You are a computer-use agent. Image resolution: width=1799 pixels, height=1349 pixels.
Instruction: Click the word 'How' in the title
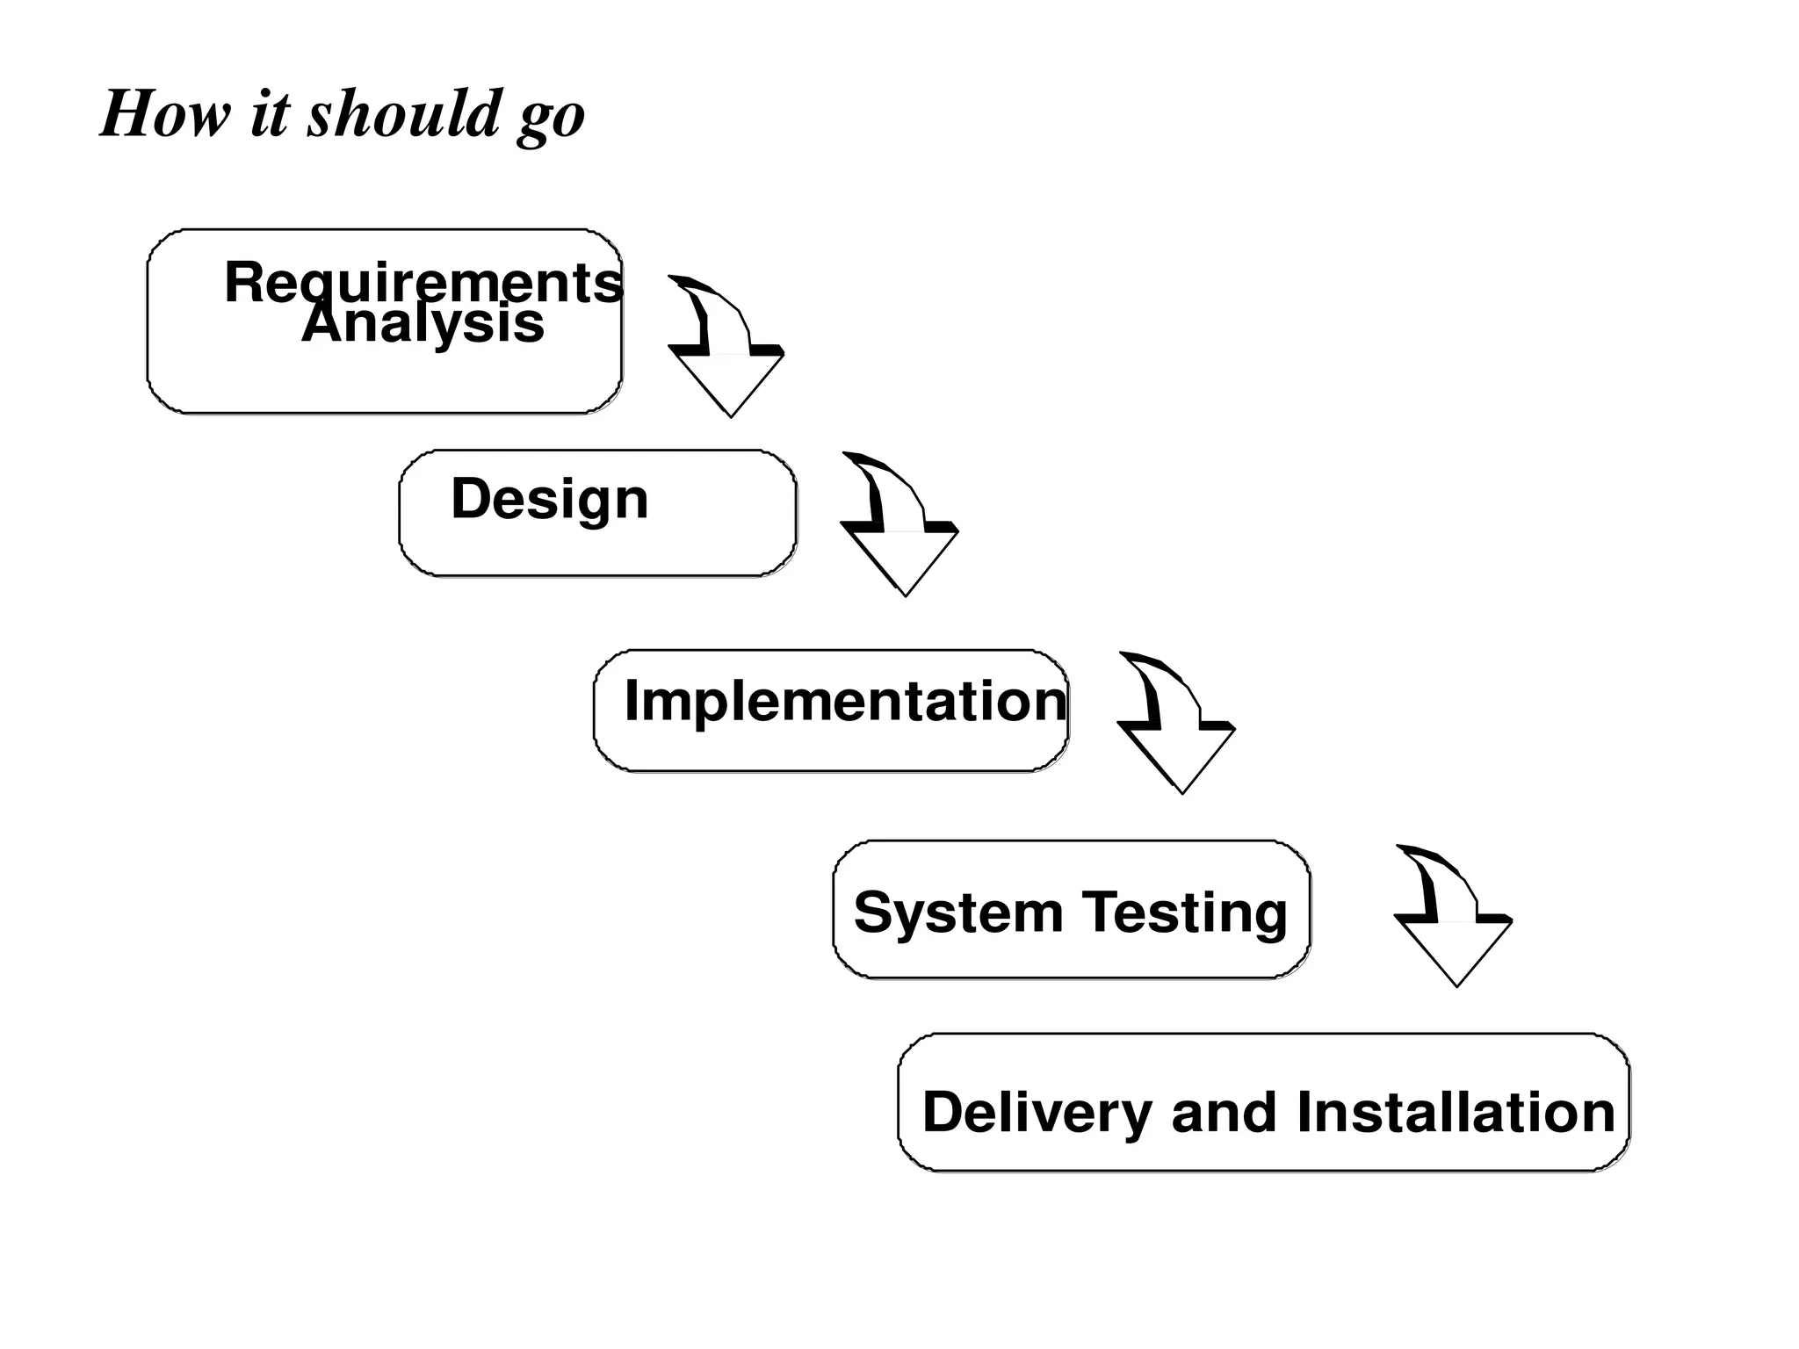point(166,114)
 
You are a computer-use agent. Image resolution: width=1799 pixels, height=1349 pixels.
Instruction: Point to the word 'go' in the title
point(552,119)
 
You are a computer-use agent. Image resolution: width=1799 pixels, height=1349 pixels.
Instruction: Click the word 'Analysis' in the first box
point(423,324)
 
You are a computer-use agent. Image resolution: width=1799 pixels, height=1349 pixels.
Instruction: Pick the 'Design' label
point(550,499)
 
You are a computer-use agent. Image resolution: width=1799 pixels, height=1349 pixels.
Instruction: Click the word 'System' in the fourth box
point(958,913)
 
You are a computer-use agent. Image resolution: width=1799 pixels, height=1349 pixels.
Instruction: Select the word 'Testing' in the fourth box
point(1184,913)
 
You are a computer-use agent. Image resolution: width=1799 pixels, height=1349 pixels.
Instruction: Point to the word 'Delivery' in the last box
point(1037,1113)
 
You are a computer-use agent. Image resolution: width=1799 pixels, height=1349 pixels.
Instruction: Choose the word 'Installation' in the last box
point(1456,1112)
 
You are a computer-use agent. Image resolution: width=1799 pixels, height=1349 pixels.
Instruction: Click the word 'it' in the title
point(269,114)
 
